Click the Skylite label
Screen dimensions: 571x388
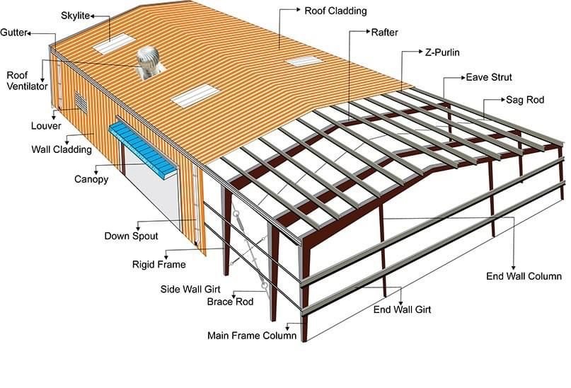click(76, 16)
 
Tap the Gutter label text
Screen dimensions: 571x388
click(14, 33)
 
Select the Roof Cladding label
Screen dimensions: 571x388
click(335, 11)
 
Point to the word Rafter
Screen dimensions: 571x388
click(384, 33)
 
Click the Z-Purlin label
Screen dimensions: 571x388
click(442, 52)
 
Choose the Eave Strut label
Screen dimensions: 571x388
click(489, 77)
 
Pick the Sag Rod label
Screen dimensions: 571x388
click(525, 100)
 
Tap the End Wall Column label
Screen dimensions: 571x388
click(524, 276)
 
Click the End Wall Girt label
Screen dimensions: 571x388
click(402, 309)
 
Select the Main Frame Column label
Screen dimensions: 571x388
click(252, 335)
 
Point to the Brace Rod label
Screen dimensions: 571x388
click(230, 302)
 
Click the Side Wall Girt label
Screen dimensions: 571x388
click(190, 290)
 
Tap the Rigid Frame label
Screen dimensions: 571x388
click(158, 265)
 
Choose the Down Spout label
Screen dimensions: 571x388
click(131, 236)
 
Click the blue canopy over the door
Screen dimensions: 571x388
click(143, 150)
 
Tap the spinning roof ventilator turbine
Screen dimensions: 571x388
click(148, 62)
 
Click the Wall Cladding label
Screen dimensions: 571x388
click(62, 149)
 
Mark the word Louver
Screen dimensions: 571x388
click(46, 126)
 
